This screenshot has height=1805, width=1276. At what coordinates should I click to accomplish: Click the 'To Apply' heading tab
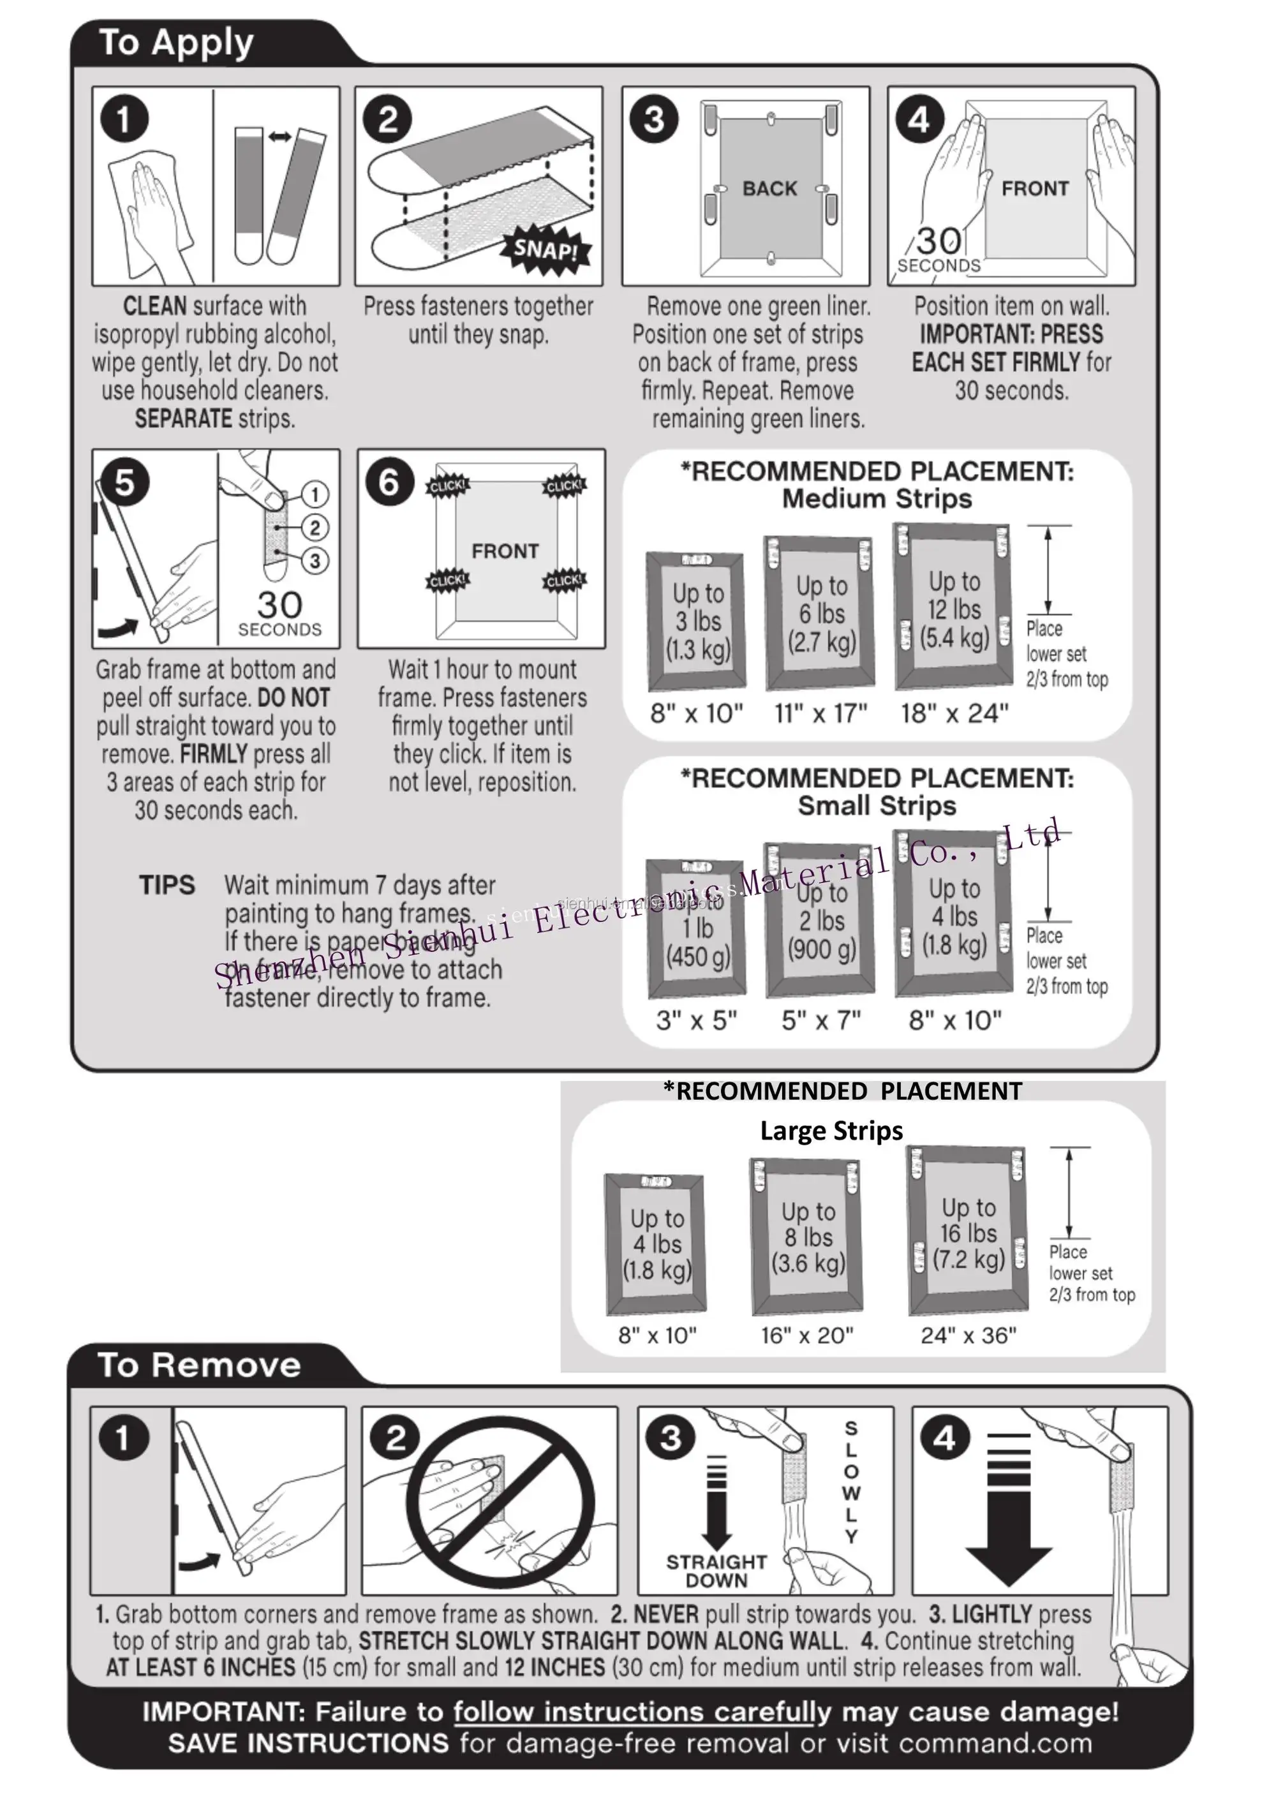tap(176, 43)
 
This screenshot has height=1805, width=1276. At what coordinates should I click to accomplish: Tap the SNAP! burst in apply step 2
tap(545, 250)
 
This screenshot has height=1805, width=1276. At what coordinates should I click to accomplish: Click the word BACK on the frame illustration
tap(769, 189)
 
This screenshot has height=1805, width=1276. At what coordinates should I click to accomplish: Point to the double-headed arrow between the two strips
tap(280, 137)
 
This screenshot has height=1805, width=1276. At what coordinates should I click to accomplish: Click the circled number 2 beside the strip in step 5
tap(315, 528)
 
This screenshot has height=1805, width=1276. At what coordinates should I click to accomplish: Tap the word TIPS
tap(167, 885)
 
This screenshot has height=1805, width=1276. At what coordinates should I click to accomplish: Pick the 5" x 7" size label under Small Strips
tap(821, 1020)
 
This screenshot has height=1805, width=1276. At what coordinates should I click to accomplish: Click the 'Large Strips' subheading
tap(831, 1131)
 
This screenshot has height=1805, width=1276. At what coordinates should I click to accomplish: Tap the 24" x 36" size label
tap(968, 1335)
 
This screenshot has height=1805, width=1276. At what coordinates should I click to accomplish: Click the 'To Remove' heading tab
tap(199, 1365)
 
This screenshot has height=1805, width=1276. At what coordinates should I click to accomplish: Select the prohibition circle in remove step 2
tap(500, 1501)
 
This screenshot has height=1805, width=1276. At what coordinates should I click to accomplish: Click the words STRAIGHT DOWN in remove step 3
tap(716, 1571)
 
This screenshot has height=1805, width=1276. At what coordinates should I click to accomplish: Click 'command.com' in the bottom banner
tap(995, 1743)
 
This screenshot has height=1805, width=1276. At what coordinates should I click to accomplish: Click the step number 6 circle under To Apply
tap(389, 482)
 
